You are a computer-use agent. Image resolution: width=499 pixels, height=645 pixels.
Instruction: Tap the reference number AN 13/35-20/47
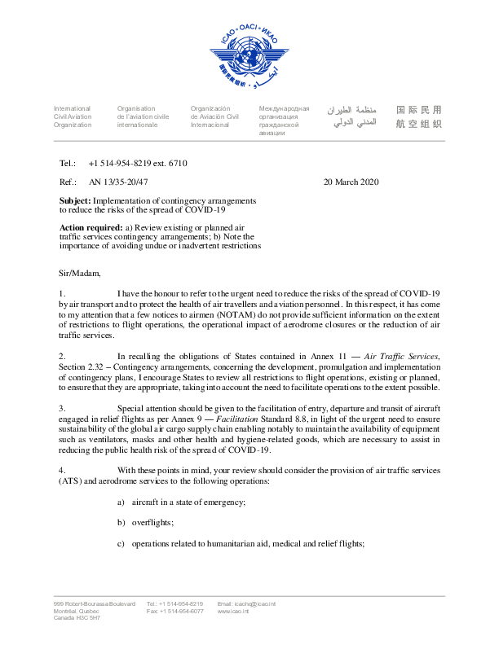(x=118, y=182)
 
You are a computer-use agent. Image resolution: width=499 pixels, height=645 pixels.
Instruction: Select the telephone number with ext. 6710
(x=138, y=164)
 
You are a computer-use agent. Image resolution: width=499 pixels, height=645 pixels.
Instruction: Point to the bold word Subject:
(x=75, y=200)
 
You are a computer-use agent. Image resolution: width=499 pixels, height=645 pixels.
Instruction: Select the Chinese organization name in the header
(x=418, y=116)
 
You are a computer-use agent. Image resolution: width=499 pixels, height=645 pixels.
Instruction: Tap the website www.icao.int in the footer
(x=233, y=611)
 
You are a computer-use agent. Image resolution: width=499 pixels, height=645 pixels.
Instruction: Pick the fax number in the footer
(x=175, y=611)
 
